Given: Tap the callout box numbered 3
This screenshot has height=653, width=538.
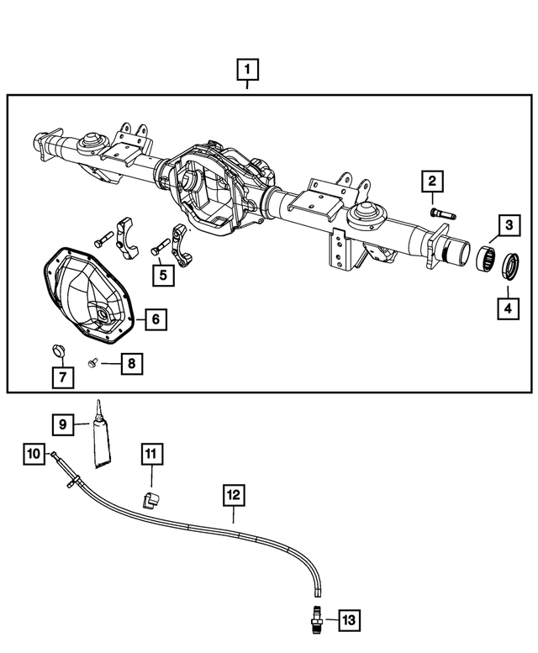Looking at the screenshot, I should click(x=508, y=226).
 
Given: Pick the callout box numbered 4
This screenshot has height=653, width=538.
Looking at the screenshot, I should click(x=508, y=308).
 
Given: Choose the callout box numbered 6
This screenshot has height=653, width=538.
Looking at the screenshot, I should click(x=156, y=319).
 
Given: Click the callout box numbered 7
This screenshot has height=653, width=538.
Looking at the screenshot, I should click(x=61, y=377).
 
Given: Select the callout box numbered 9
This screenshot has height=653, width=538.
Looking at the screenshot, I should click(x=61, y=424).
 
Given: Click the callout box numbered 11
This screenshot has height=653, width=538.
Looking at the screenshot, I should click(x=150, y=455).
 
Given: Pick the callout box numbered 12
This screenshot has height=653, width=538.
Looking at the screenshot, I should click(x=234, y=495).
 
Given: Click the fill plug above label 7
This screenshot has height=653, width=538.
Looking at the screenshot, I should click(x=58, y=349).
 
